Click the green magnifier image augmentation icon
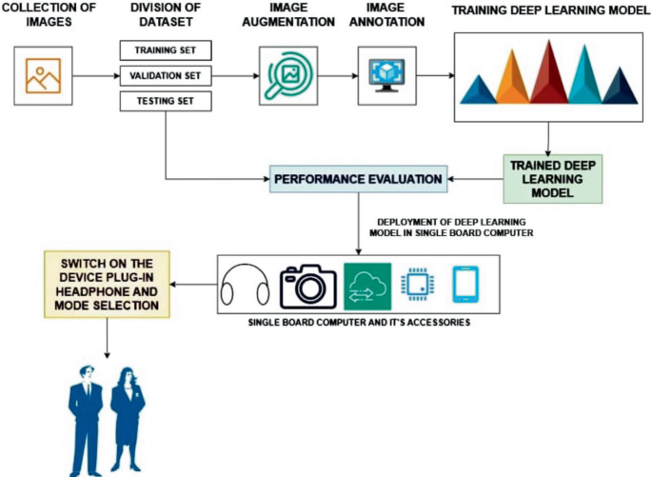286,76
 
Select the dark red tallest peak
549,73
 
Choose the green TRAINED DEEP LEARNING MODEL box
553,178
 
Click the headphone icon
245,283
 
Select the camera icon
308,283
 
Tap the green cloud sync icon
367,283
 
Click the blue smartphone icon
467,283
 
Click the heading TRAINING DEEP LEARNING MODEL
545,16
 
